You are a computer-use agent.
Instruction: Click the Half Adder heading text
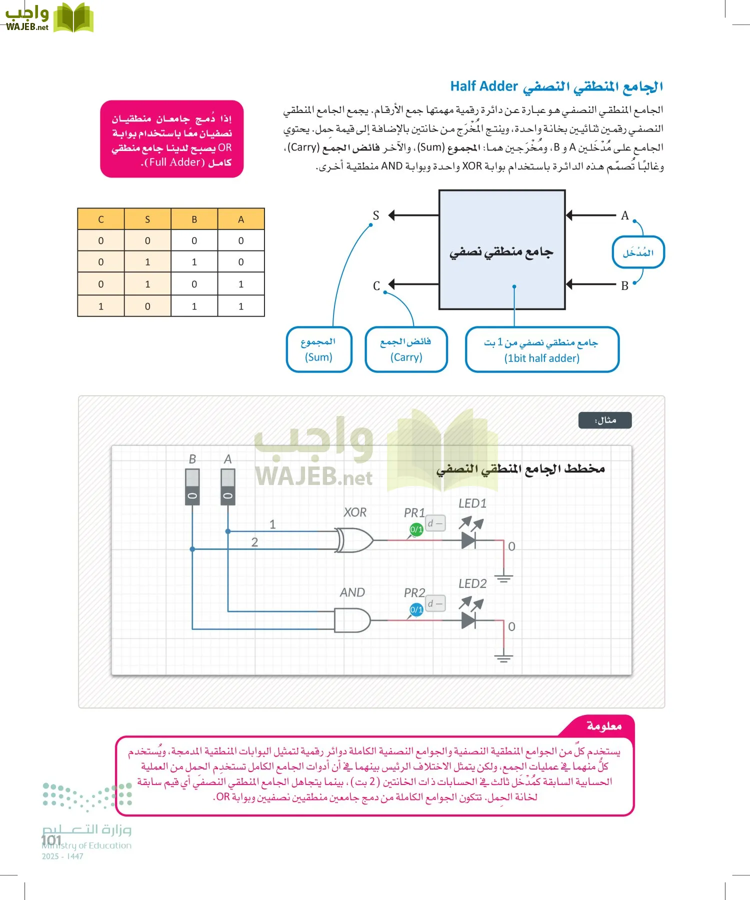pyautogui.click(x=556, y=86)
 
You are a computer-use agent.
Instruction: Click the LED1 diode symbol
pyautogui.click(x=469, y=540)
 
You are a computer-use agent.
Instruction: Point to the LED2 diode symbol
pyautogui.click(x=469, y=620)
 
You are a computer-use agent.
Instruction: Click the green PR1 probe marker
pyautogui.click(x=416, y=529)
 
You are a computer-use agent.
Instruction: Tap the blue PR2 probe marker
pyautogui.click(x=416, y=609)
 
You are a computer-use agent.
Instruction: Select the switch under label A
pyautogui.click(x=228, y=486)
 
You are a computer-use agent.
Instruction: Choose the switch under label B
pyautogui.click(x=192, y=486)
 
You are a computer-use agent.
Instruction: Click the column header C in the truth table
pyautogui.click(x=101, y=219)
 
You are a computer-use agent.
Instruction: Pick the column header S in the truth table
pyautogui.click(x=147, y=219)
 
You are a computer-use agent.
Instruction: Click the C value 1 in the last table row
pyautogui.click(x=101, y=306)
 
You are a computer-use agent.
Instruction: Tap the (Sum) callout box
pyautogui.click(x=318, y=349)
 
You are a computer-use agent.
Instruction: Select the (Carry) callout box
pyautogui.click(x=406, y=349)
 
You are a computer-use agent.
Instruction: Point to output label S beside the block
pyautogui.click(x=376, y=215)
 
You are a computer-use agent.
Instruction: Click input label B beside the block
pyautogui.click(x=624, y=286)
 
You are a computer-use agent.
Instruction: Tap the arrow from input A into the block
pyautogui.click(x=590, y=215)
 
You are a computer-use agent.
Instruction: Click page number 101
pyautogui.click(x=51, y=840)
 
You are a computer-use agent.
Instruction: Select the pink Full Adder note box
pyautogui.click(x=171, y=139)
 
